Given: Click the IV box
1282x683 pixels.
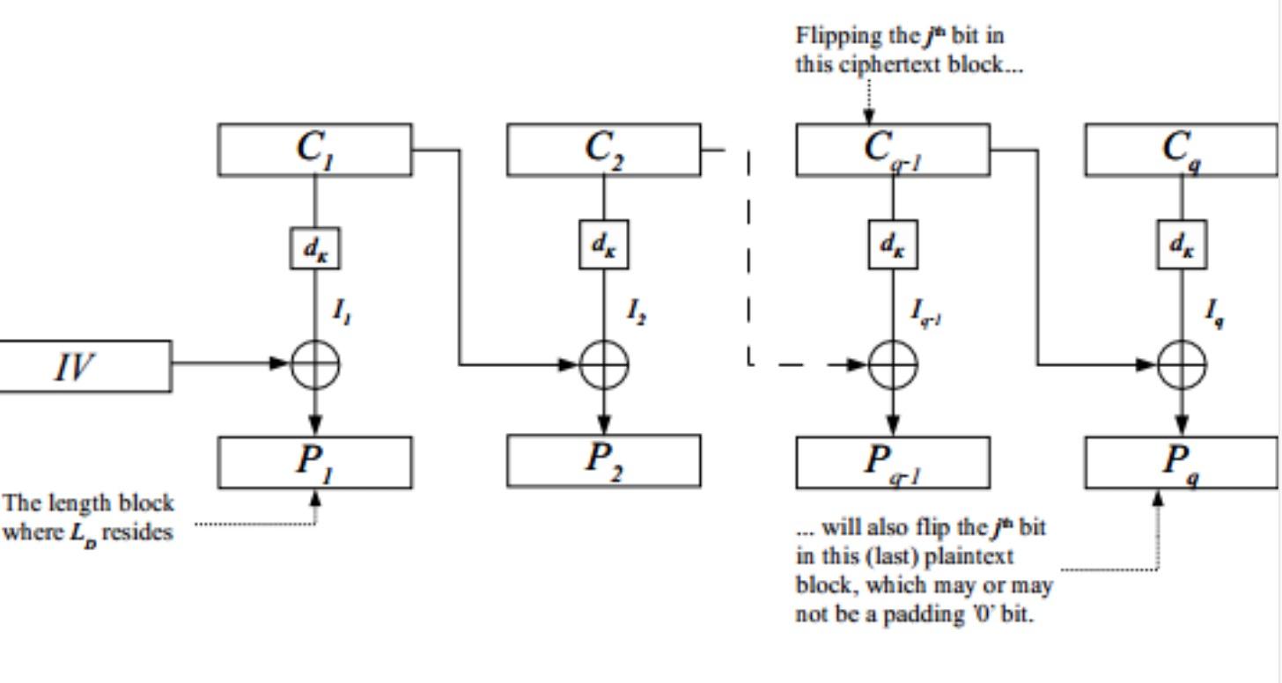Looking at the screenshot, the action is click(x=85, y=366).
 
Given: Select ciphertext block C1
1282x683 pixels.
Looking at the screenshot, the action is click(x=315, y=150).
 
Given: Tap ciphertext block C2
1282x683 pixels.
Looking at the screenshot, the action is click(x=604, y=150).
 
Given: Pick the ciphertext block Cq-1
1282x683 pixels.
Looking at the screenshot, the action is click(x=893, y=150).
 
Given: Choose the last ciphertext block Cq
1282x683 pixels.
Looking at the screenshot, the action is click(x=1182, y=150).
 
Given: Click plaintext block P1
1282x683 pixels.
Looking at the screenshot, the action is click(x=315, y=462).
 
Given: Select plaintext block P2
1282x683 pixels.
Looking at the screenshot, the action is click(x=604, y=461).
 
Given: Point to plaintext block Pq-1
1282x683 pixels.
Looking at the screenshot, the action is click(x=893, y=462).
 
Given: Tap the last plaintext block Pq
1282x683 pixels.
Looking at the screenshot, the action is click(x=1182, y=462).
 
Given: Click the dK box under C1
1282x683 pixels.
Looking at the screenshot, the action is click(x=315, y=247).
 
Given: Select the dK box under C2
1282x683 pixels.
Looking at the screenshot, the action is click(x=604, y=245).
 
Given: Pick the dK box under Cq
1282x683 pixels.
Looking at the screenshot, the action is click(x=1183, y=245).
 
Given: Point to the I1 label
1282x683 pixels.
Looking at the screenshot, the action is click(x=343, y=312).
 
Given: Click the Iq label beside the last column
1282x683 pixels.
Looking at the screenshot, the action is click(x=1214, y=313).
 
